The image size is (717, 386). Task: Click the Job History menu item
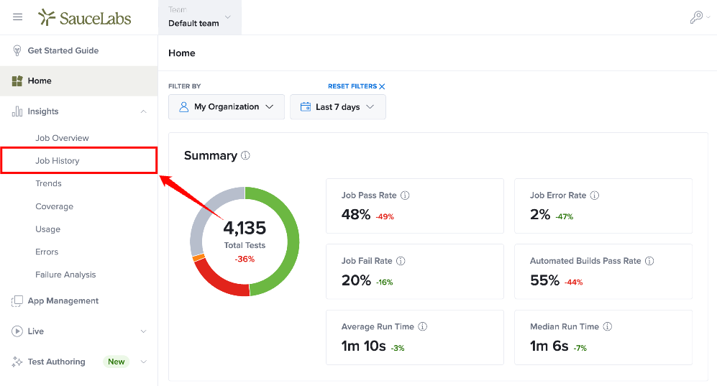click(x=58, y=161)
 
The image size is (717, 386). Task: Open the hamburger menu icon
click(x=18, y=17)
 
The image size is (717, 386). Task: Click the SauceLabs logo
click(x=85, y=18)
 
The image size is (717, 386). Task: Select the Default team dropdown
click(x=200, y=17)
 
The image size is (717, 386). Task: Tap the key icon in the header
click(x=696, y=17)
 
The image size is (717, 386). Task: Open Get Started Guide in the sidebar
click(x=63, y=51)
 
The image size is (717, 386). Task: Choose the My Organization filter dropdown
click(x=227, y=107)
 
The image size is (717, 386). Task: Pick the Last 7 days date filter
click(x=338, y=107)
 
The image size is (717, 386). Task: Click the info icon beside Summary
click(x=245, y=155)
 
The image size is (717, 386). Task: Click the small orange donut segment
click(x=198, y=258)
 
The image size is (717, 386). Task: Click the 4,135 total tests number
click(x=245, y=227)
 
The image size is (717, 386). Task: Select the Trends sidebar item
click(x=48, y=183)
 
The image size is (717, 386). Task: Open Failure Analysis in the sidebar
click(x=66, y=275)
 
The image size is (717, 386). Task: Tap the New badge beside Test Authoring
click(x=117, y=362)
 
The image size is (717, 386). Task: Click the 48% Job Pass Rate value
click(x=356, y=214)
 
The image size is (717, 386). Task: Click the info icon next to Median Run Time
click(x=607, y=326)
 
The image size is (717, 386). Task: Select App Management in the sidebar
click(x=63, y=300)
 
